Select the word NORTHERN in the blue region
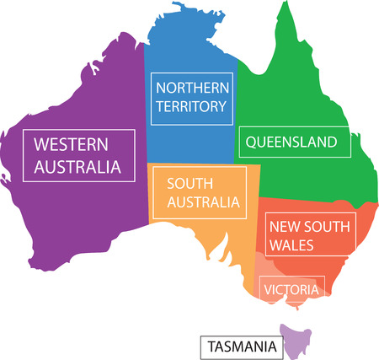191,87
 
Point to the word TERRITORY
191,106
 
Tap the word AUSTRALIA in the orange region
204,202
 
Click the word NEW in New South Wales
283,226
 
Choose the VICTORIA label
291,290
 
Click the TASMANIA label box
239,346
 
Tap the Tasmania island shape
296,341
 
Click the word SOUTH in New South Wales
323,226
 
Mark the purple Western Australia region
76,211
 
